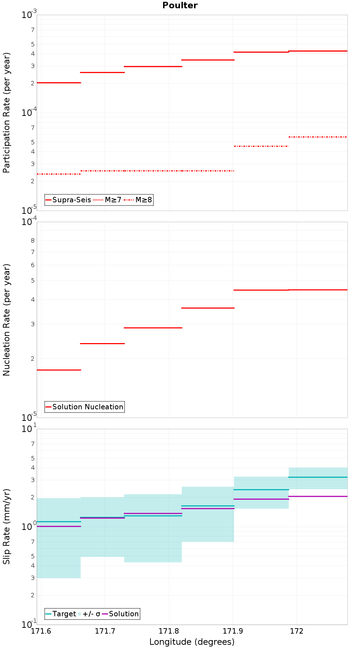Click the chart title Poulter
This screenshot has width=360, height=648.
tap(180, 5)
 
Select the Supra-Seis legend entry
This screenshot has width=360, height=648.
tap(68, 200)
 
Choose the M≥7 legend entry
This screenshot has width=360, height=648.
tap(108, 200)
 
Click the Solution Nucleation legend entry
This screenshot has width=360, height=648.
tap(85, 407)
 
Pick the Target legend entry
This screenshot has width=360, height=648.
tap(61, 614)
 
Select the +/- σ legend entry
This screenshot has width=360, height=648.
tap(89, 614)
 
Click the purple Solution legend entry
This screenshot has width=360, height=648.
tap(121, 614)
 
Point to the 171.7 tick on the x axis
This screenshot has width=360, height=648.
tap(105, 631)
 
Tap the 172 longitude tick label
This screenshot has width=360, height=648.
tap(296, 631)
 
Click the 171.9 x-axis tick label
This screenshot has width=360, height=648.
tap(233, 631)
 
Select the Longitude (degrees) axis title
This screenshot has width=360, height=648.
tap(192, 642)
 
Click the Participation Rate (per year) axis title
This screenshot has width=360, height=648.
tap(6, 113)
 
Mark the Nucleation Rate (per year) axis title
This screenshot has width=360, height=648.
tap(6, 320)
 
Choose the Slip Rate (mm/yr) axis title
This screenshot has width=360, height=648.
tap(6, 526)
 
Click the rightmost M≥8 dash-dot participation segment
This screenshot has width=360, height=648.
tap(318, 137)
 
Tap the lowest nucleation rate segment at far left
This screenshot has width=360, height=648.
tap(59, 370)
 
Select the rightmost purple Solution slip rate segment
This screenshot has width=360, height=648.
tap(318, 496)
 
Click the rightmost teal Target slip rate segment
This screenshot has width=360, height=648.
tap(318, 477)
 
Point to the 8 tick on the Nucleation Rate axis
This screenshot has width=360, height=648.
tap(33, 240)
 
